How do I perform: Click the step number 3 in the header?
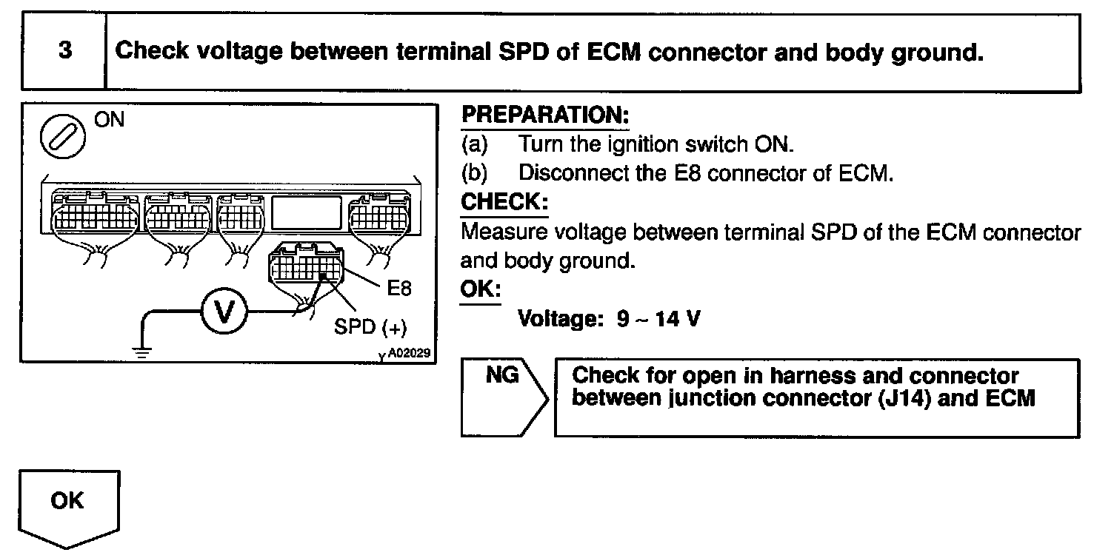[65, 52]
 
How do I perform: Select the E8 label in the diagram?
[399, 288]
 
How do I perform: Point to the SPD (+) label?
[370, 327]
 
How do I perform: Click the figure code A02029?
[408, 354]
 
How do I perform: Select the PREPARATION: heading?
[545, 116]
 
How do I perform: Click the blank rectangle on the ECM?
[306, 212]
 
